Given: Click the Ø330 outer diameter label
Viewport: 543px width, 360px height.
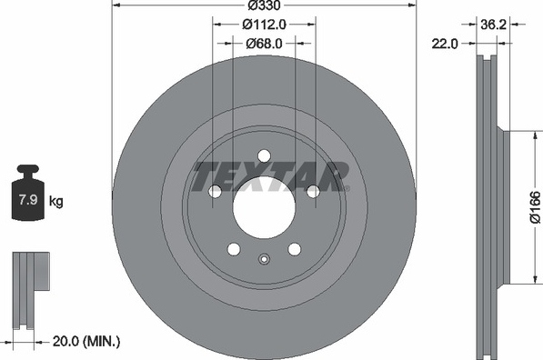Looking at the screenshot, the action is [x=265, y=5].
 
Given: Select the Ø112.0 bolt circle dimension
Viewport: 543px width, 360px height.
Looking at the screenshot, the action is [x=264, y=25].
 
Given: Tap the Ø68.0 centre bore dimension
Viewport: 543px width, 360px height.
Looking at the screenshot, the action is [x=264, y=44].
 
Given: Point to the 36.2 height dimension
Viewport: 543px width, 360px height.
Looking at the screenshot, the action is [x=493, y=25].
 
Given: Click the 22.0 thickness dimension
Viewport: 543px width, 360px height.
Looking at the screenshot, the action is [x=445, y=44].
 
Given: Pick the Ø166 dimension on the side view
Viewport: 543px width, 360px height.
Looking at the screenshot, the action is [x=536, y=206].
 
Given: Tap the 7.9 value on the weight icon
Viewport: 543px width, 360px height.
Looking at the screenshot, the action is [x=27, y=200].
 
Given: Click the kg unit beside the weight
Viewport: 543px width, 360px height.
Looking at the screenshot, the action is [x=56, y=201].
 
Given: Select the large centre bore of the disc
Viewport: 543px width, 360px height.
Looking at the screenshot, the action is [x=264, y=207].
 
